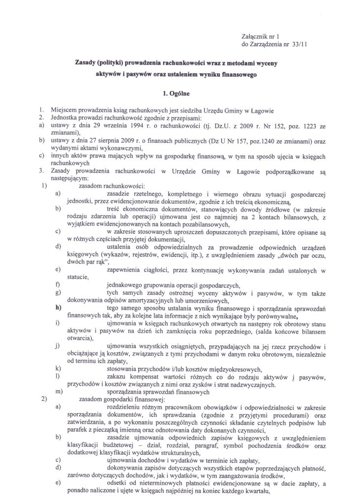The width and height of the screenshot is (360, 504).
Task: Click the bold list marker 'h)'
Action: [59, 307]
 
